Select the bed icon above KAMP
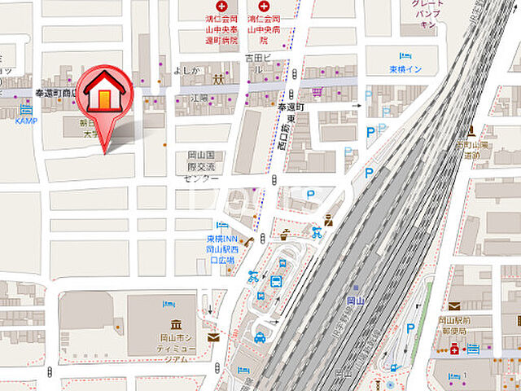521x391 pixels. (26, 108)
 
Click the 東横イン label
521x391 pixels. (405, 69)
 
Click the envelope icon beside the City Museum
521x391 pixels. (213, 336)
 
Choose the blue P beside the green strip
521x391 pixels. (410, 330)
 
